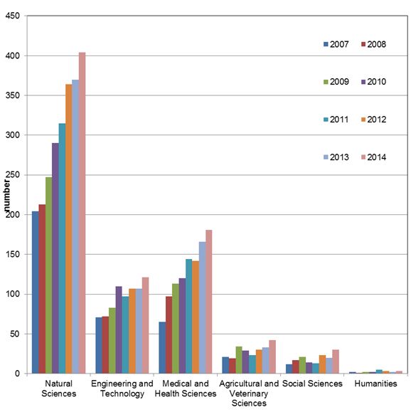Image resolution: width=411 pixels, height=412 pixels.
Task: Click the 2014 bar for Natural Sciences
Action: click(82, 213)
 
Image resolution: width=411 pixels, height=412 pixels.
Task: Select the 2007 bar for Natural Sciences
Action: click(35, 292)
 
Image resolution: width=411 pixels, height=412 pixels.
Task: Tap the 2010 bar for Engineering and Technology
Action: click(119, 329)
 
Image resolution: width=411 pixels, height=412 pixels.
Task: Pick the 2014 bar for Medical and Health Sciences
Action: click(209, 302)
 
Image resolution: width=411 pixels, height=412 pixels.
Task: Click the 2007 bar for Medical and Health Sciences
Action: click(162, 348)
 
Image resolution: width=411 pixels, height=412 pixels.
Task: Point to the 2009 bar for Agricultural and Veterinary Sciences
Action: click(239, 360)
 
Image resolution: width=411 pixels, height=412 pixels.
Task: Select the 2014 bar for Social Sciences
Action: click(336, 361)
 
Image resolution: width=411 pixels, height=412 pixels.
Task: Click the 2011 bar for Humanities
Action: click(379, 371)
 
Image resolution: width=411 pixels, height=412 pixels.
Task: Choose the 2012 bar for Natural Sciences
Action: click(69, 229)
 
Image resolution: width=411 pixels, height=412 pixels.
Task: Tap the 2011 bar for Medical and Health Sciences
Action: click(189, 317)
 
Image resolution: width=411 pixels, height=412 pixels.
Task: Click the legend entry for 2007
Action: click(336, 44)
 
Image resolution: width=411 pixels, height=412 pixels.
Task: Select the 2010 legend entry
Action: click(374, 82)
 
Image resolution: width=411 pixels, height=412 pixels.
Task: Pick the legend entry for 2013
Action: click(336, 157)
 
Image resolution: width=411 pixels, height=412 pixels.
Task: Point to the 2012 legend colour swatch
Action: click(363, 120)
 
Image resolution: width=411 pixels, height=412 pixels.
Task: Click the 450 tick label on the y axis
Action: click(13, 16)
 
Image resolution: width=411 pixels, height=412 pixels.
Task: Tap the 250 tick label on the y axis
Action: click(13, 175)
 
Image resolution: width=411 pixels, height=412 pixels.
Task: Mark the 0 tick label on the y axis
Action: click(17, 374)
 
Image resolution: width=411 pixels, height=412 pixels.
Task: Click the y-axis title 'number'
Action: click(6, 196)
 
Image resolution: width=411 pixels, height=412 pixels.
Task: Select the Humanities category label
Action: click(376, 384)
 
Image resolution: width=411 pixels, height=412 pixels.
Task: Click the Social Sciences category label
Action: click(313, 384)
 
